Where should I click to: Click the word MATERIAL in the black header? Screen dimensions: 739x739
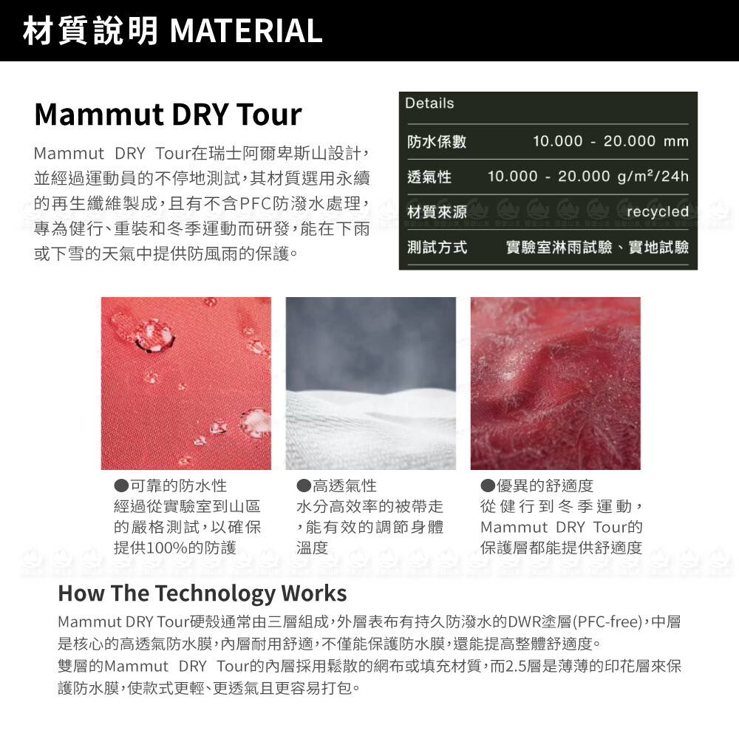(x=246, y=30)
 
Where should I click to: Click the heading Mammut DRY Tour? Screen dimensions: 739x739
(x=168, y=115)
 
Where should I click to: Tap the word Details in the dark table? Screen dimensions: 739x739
(x=429, y=103)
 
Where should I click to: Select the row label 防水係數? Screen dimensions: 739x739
(x=437, y=141)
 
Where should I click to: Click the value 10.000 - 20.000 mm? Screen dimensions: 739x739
(x=610, y=141)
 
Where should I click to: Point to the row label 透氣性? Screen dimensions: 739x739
(x=429, y=177)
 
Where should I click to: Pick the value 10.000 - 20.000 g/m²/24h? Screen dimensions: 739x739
(x=588, y=177)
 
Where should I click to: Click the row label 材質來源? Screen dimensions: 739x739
(x=437, y=212)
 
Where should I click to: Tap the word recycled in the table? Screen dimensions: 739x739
(x=658, y=211)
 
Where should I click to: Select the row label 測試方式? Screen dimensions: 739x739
(x=437, y=247)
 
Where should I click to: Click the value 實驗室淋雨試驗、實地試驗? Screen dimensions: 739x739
(x=597, y=247)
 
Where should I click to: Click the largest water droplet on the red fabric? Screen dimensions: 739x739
(x=151, y=334)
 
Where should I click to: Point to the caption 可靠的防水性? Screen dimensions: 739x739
(x=179, y=486)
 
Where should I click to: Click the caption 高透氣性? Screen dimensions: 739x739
(x=344, y=486)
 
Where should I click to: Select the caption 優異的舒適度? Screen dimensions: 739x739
(x=545, y=486)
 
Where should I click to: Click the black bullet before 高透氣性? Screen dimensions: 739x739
(x=304, y=486)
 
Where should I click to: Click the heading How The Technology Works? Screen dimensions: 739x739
(x=202, y=593)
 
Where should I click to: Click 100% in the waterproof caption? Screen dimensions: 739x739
(x=168, y=548)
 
